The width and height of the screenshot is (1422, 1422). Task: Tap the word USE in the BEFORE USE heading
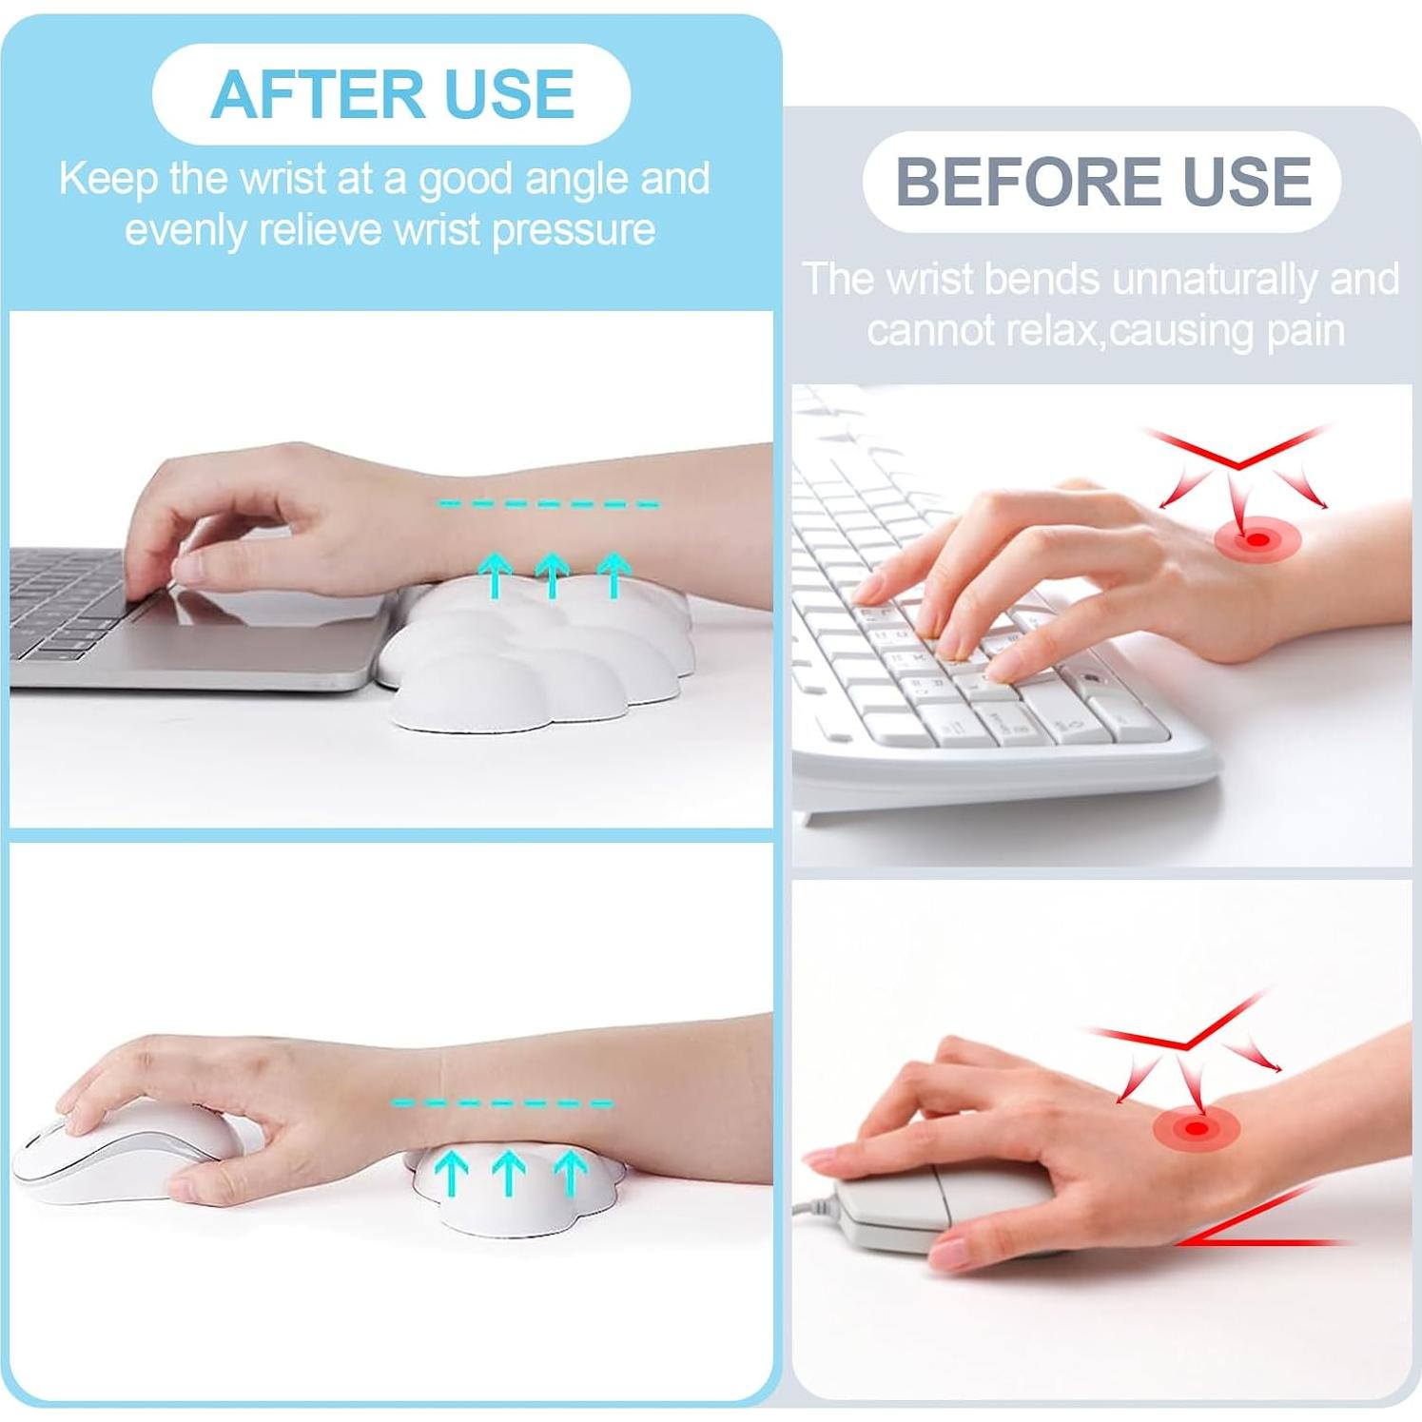click(x=1247, y=182)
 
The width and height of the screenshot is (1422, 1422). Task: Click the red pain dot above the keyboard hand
click(x=1257, y=540)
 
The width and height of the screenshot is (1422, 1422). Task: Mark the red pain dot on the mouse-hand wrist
click(x=1197, y=1129)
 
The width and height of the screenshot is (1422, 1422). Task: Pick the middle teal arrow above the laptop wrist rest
click(x=552, y=575)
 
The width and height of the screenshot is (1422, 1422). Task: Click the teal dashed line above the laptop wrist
click(x=549, y=504)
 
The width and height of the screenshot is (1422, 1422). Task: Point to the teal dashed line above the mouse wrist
click(x=502, y=1103)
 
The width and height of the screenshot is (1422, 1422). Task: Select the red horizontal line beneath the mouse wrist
click(x=1265, y=1242)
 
